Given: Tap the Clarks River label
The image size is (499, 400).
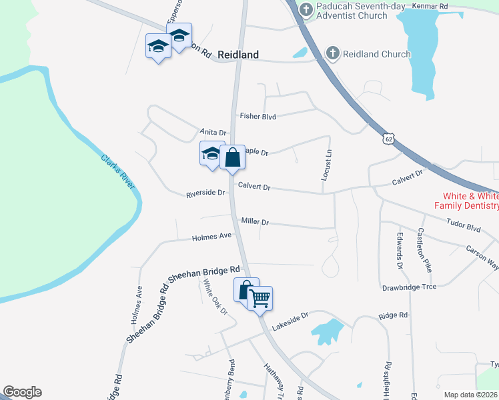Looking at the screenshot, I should pos(117,171).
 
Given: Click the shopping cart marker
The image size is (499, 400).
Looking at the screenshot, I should pos(260,297).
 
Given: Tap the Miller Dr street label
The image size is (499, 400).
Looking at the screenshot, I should pos(255,221).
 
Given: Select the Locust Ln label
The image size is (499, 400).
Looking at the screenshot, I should pos(327,165).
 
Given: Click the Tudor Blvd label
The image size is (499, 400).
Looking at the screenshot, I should pos(464,227).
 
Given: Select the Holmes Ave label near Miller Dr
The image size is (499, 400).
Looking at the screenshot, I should pos(211,236).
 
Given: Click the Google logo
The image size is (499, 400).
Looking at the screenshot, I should pos(22,392).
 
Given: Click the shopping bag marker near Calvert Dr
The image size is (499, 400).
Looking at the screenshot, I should pos(232,158).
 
